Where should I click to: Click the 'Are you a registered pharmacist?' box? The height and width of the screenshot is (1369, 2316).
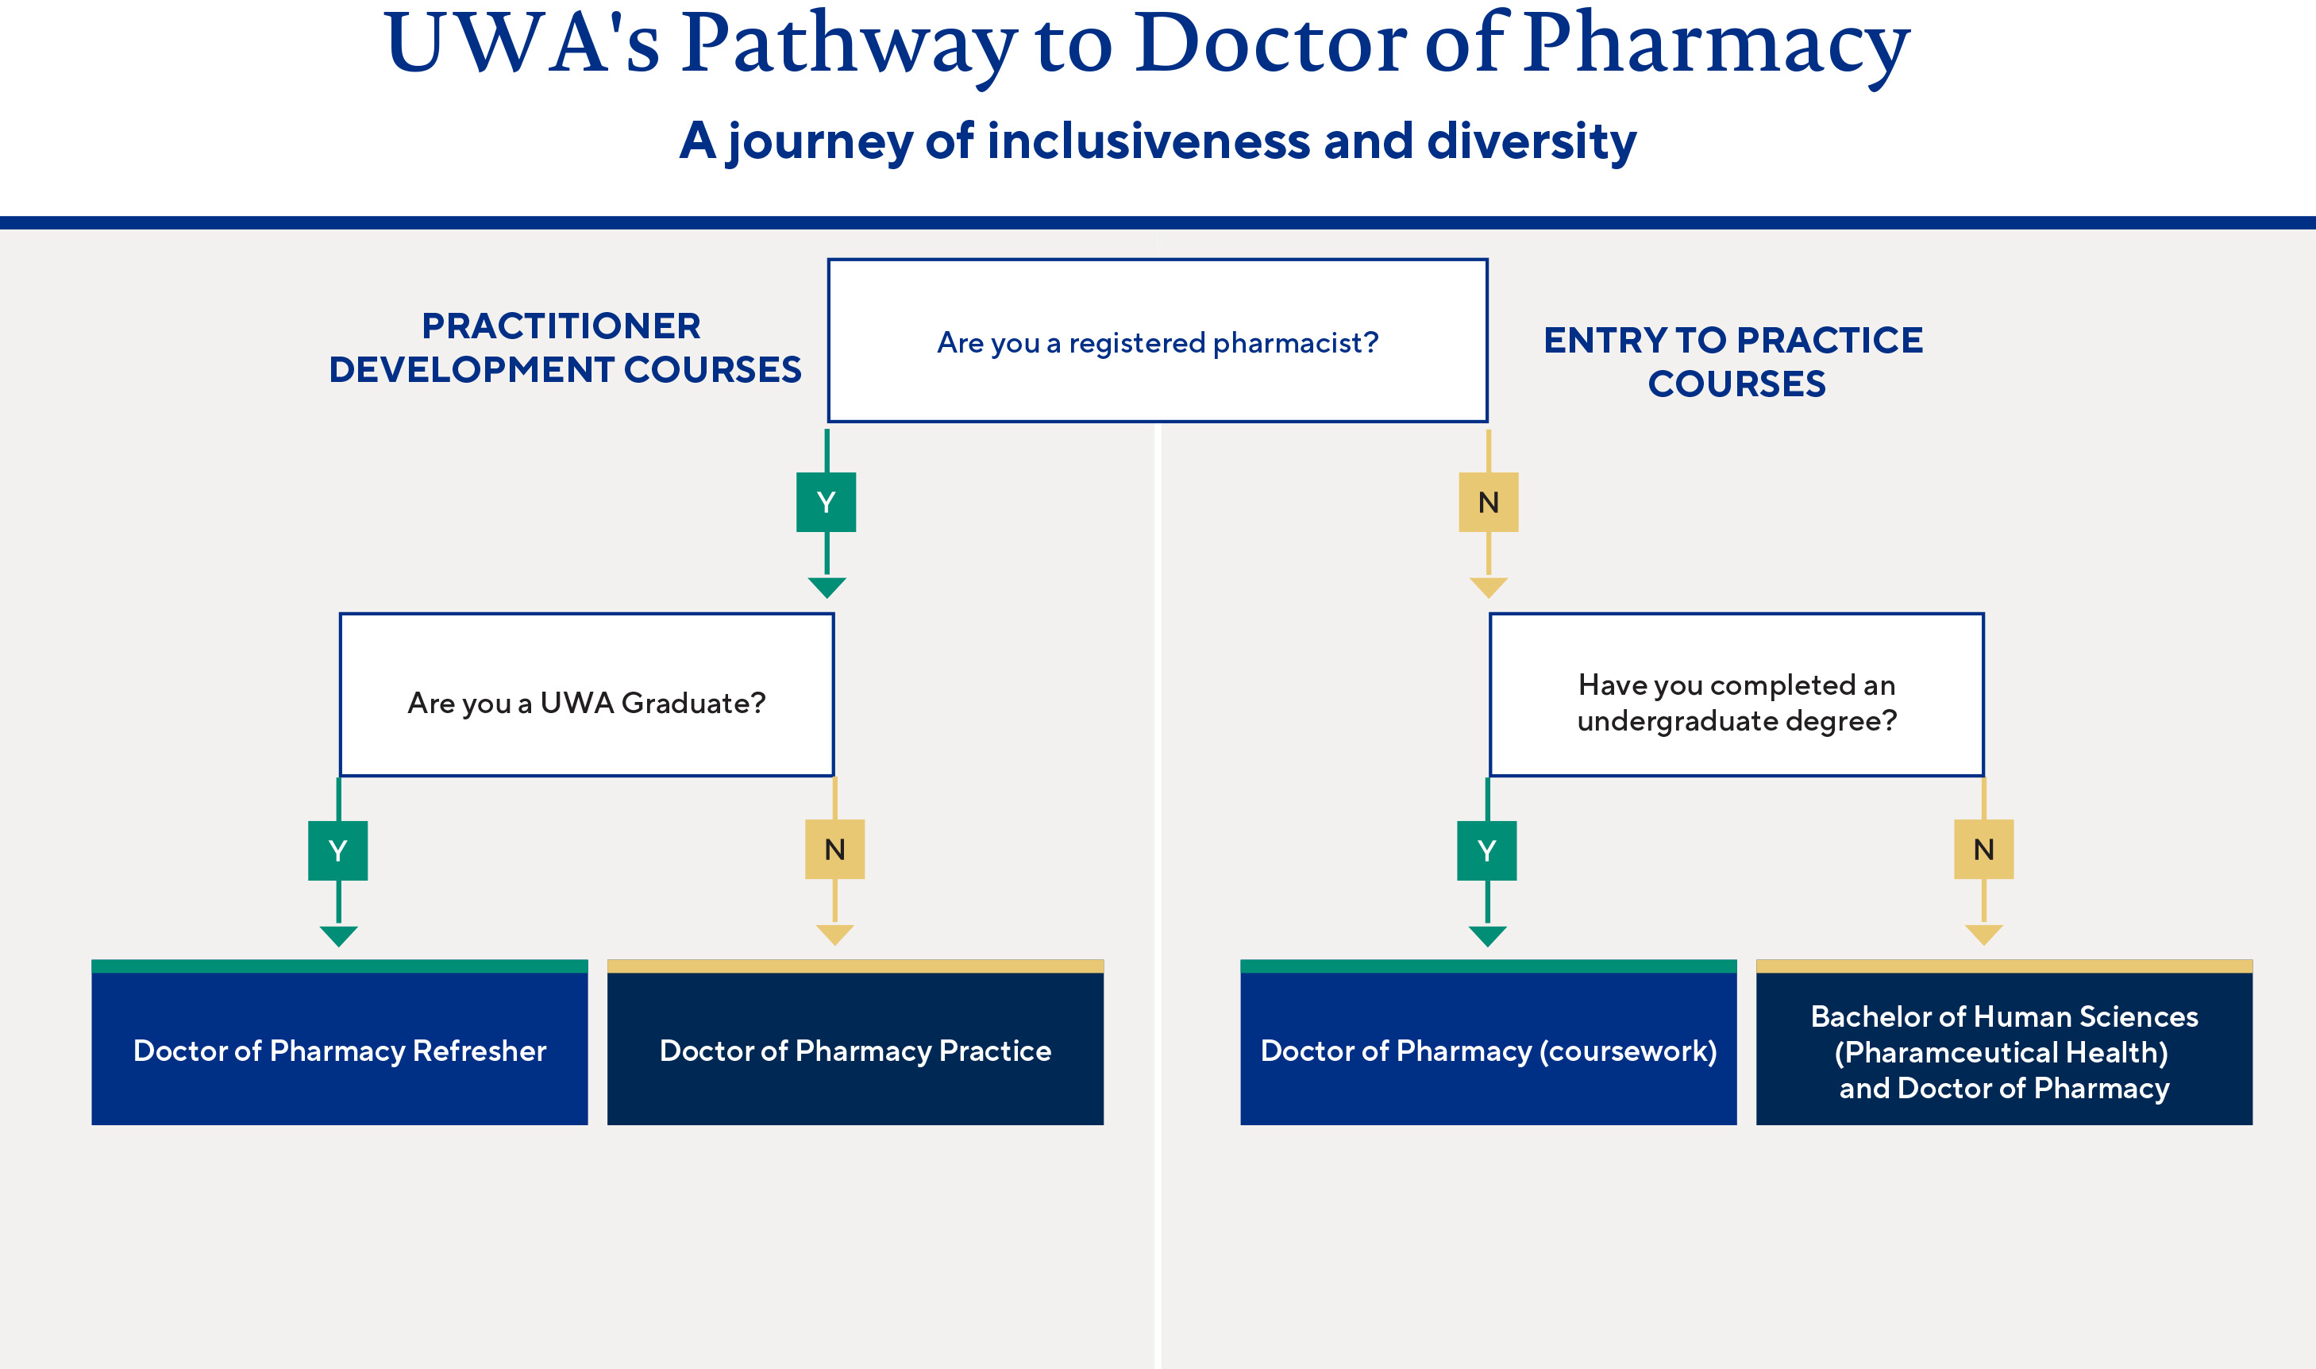1158,341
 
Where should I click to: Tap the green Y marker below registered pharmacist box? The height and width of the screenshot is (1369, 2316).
827,503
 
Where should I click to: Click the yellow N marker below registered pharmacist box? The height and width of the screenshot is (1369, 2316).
1488,503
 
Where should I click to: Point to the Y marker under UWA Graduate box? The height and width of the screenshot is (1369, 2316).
337,850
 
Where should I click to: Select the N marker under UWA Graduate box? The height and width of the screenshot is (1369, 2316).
834,850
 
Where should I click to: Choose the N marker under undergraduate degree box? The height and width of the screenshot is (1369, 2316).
1984,850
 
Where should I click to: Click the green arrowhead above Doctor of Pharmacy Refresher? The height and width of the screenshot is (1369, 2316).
338,935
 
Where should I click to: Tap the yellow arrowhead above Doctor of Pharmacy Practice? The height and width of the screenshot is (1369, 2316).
834,935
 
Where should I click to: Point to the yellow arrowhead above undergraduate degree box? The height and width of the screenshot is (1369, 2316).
1488,587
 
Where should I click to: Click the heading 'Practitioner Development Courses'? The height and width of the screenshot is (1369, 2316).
565,348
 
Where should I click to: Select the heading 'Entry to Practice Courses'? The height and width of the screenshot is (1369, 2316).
1734,361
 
